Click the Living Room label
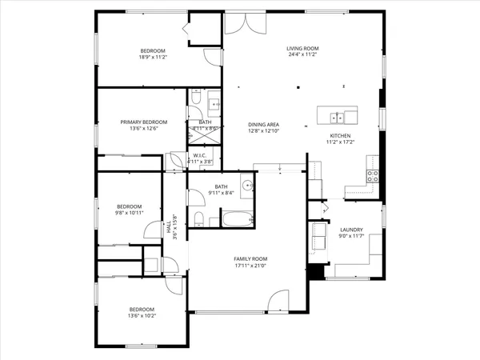coord(303,48)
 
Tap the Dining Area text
coord(263,124)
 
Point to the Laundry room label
coord(351,229)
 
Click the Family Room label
coord(250,259)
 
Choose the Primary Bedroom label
coord(144,122)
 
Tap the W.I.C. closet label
coord(200,155)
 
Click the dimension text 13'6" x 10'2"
coord(142,316)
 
